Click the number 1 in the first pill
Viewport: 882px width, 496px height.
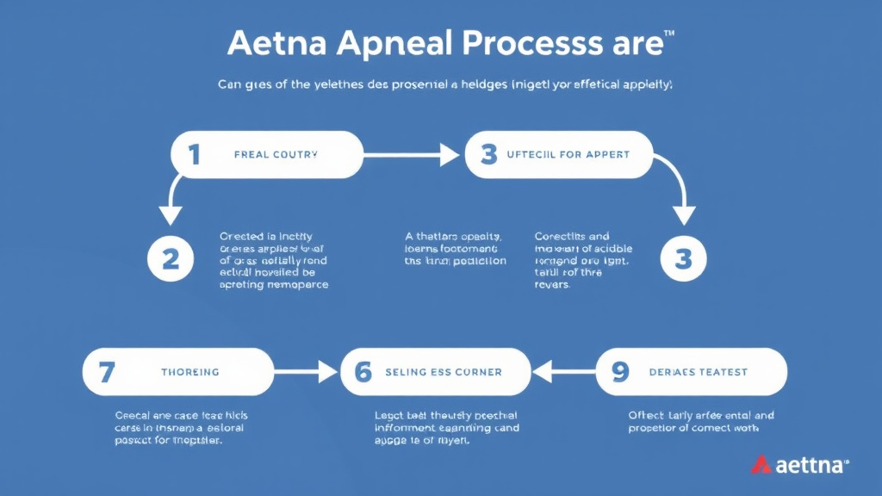(195, 154)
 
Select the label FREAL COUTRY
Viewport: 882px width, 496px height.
(276, 155)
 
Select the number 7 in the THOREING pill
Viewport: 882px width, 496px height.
(107, 372)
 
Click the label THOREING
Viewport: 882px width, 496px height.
(189, 372)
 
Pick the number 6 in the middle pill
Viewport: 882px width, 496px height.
(363, 372)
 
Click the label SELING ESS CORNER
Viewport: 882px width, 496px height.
(444, 372)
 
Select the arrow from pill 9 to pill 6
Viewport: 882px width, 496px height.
(563, 372)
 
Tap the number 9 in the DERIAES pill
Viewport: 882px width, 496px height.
(619, 372)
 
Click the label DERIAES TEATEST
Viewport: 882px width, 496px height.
(698, 372)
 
